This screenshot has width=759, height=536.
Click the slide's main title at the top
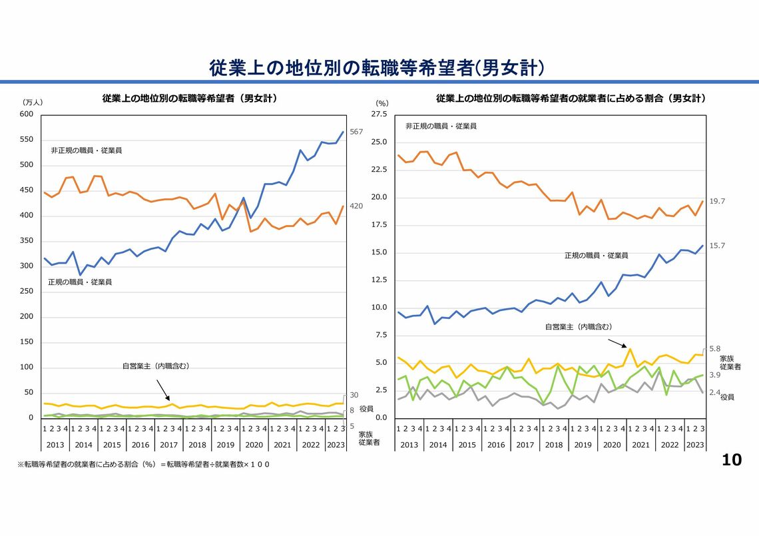tap(378, 67)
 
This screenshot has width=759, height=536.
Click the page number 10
tap(732, 459)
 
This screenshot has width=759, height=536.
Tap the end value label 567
tap(356, 132)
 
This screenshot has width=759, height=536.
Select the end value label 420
tap(356, 206)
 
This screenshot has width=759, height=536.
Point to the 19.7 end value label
tap(717, 201)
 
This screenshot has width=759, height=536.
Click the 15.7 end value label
tap(717, 246)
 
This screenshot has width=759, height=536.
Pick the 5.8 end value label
tap(714, 349)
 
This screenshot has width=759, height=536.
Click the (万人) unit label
tap(33, 103)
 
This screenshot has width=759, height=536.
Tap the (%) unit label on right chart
tap(381, 103)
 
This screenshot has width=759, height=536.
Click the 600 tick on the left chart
tap(27, 115)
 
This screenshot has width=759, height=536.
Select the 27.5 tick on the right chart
tap(379, 115)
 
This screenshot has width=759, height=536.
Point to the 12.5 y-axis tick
tap(379, 280)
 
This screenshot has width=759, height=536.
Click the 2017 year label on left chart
tap(168, 444)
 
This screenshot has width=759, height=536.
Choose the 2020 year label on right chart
tap(612, 444)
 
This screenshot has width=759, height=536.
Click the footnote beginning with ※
tap(143, 463)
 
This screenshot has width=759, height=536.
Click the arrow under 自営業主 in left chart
tap(162, 390)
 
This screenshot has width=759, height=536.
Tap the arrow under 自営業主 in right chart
tap(617, 342)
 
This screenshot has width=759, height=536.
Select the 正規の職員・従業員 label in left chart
tap(80, 282)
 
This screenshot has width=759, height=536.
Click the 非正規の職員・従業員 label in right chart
tap(441, 126)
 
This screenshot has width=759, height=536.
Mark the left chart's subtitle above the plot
tap(189, 99)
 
